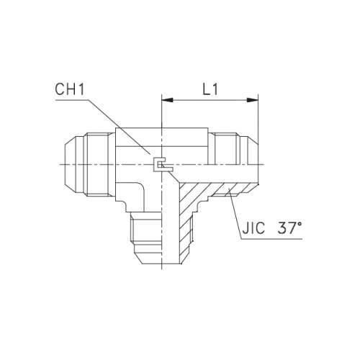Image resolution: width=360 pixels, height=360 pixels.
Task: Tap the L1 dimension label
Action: (x=210, y=91)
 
